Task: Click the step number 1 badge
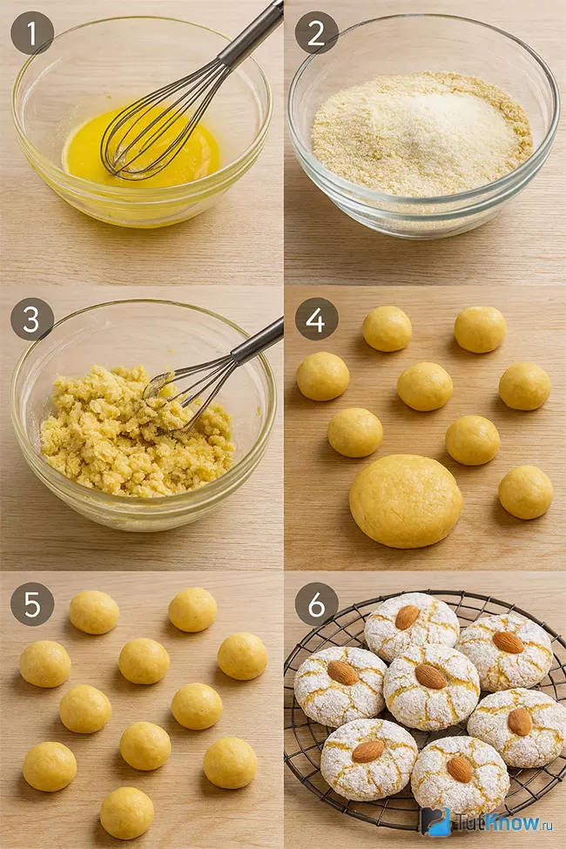32,33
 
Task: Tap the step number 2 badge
316,33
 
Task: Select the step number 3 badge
32,320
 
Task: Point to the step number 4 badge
316,320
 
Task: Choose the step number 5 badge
32,604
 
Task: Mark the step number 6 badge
316,604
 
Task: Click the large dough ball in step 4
406,501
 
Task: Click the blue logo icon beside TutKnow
436,821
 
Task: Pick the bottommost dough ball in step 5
127,812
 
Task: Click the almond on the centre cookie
430,677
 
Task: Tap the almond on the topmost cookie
408,617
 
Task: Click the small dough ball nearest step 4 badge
387,328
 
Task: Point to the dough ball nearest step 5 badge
94,612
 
